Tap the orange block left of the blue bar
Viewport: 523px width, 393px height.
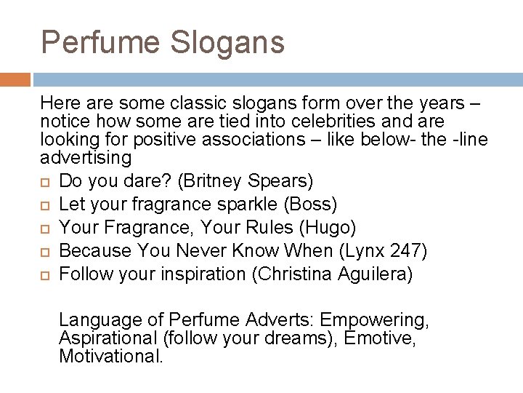click(15, 79)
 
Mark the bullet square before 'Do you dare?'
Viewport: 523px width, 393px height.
click(46, 180)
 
